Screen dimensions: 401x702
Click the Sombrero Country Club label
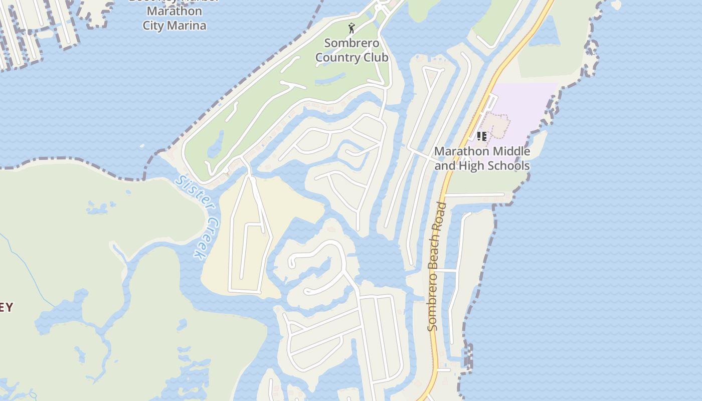pos(352,50)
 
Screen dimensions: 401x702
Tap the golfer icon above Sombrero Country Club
pos(352,28)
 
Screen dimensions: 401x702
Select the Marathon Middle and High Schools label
pos(482,158)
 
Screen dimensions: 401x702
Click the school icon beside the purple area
pos(482,136)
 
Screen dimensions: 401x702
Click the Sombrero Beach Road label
pos(436,266)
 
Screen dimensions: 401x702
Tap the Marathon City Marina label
pos(174,19)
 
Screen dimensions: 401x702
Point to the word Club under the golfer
pos(377,58)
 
